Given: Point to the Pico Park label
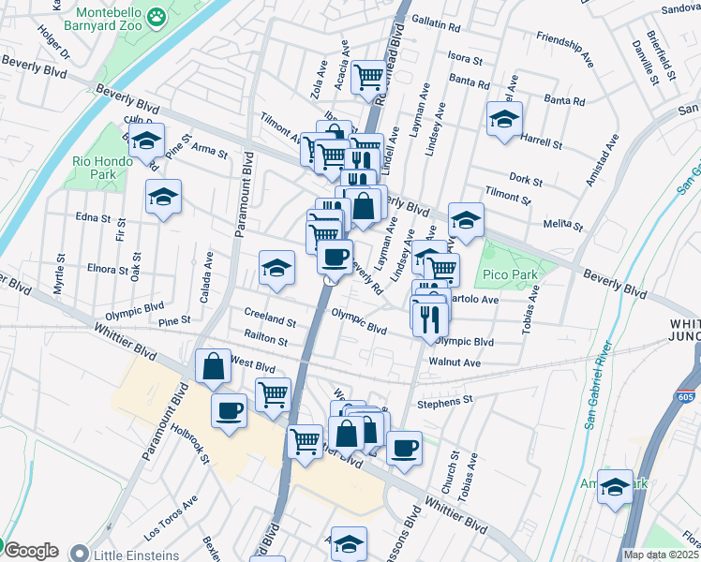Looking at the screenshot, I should pyautogui.click(x=509, y=276).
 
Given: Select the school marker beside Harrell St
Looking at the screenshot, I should pyautogui.click(x=504, y=119).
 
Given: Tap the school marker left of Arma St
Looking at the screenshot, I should pyautogui.click(x=146, y=140).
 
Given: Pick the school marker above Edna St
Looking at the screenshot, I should pyautogui.click(x=163, y=197).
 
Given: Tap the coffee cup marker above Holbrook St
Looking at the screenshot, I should pyautogui.click(x=229, y=410).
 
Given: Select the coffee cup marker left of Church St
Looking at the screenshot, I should pyautogui.click(x=404, y=448).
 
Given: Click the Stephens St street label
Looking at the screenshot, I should pyautogui.click(x=444, y=401).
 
